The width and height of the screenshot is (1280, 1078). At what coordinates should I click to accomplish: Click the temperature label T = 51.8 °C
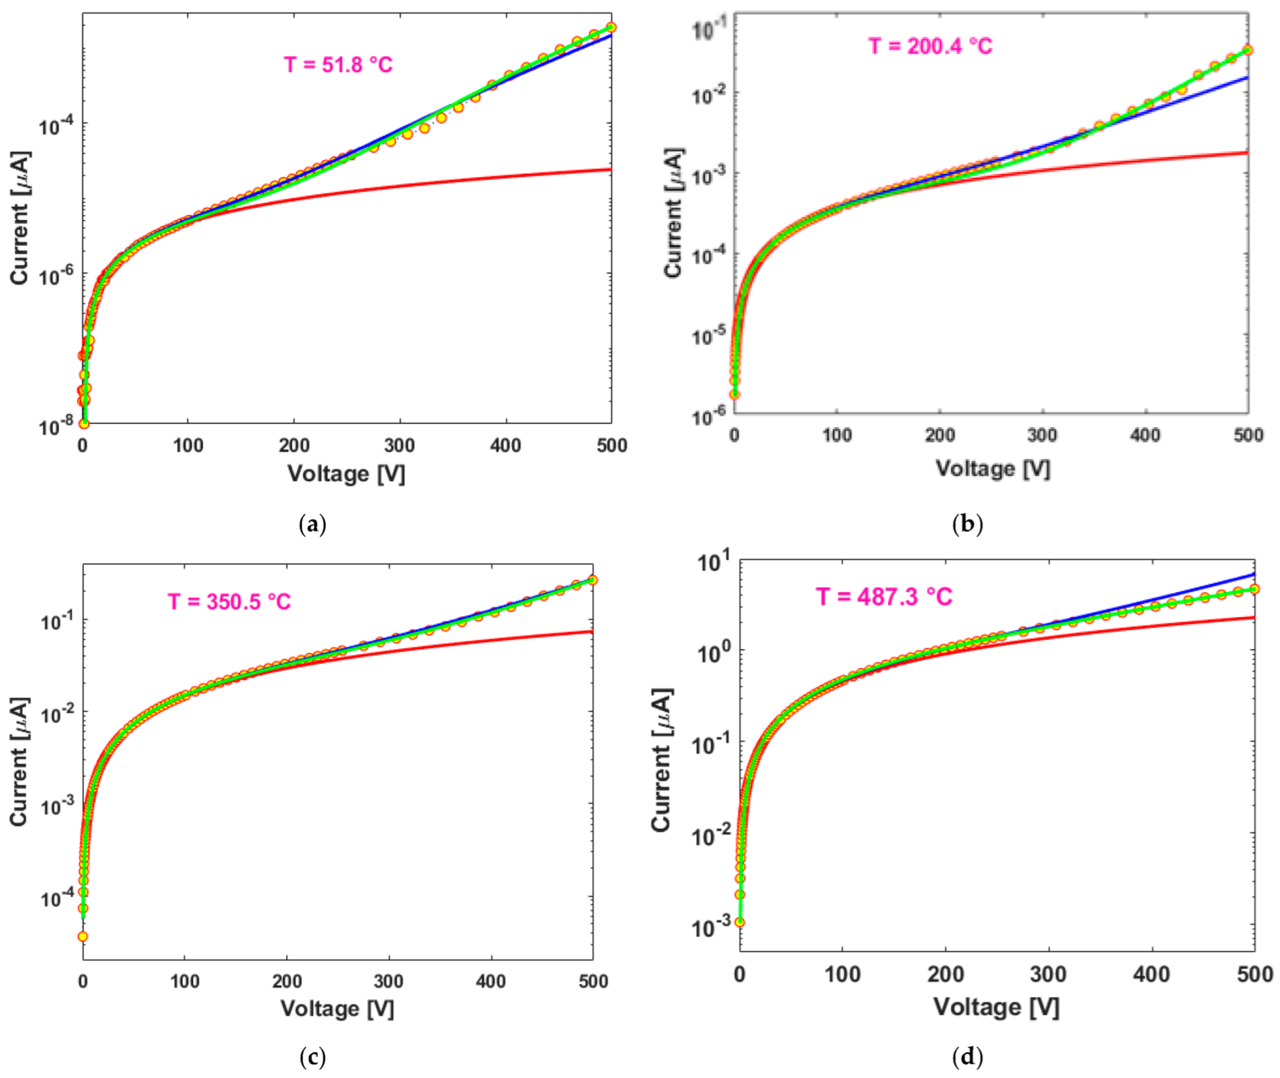pyautogui.click(x=338, y=64)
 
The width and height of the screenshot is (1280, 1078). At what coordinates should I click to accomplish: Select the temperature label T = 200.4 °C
pyautogui.click(x=930, y=46)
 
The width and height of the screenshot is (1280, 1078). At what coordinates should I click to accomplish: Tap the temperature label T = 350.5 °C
pyautogui.click(x=229, y=602)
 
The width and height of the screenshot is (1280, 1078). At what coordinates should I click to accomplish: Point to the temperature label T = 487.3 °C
pyautogui.click(x=884, y=597)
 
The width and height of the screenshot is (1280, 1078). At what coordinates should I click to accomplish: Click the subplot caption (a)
pyautogui.click(x=314, y=525)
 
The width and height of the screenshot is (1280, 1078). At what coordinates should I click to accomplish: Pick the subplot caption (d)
pyautogui.click(x=967, y=1057)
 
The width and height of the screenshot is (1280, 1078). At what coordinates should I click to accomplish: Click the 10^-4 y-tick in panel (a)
pyautogui.click(x=55, y=125)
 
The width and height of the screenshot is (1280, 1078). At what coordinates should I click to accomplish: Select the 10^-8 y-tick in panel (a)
pyautogui.click(x=55, y=426)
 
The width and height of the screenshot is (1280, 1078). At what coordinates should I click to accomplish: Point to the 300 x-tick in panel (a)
pyautogui.click(x=399, y=445)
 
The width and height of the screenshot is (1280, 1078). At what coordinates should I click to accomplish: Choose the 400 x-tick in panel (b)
pyautogui.click(x=1145, y=435)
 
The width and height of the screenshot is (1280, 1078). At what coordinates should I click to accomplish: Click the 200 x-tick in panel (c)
pyautogui.click(x=287, y=981)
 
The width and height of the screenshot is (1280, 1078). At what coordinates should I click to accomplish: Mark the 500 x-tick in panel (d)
pyautogui.click(x=1254, y=974)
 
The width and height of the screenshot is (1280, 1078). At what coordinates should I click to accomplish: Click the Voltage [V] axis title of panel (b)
pyautogui.click(x=993, y=469)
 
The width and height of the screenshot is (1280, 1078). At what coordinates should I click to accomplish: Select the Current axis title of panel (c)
pyautogui.click(x=19, y=761)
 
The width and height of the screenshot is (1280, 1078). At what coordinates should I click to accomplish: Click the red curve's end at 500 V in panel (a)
pyautogui.click(x=610, y=169)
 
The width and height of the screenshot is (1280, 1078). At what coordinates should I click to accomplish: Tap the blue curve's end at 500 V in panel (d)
pyautogui.click(x=1254, y=574)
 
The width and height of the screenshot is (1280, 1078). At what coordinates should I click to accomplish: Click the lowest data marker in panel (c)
pyautogui.click(x=83, y=937)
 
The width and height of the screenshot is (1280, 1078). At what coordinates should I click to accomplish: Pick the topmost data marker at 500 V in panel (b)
pyautogui.click(x=1248, y=50)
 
